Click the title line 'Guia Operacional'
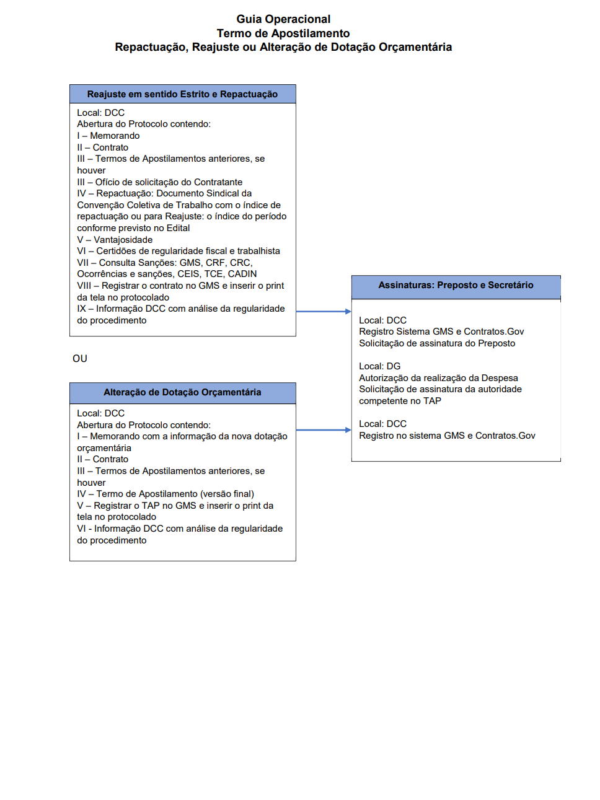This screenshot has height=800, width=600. [x=283, y=19]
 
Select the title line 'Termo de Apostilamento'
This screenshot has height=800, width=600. [x=283, y=33]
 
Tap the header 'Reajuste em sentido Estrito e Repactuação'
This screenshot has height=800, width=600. [x=182, y=94]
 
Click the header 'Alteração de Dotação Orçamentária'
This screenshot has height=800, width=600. [x=182, y=392]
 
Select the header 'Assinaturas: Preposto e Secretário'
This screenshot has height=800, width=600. [x=456, y=285]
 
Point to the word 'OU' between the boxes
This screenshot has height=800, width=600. [x=80, y=359]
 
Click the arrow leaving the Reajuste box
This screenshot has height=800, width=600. [x=324, y=312]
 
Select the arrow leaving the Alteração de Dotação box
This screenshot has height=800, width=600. [x=324, y=430]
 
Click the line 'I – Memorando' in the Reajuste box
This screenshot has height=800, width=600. [x=108, y=136]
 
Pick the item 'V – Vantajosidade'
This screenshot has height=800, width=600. [x=115, y=240]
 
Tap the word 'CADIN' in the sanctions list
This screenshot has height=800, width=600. [x=242, y=274]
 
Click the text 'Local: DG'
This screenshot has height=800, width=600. [x=380, y=366]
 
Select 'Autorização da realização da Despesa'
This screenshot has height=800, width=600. [x=438, y=378]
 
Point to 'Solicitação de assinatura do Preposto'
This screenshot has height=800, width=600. [x=437, y=343]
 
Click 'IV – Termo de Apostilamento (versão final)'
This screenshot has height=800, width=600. [x=165, y=494]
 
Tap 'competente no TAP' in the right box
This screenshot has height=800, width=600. [x=400, y=401]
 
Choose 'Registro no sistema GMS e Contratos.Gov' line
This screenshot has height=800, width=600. [x=447, y=436]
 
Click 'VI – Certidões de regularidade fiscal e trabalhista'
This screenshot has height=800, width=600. [x=179, y=251]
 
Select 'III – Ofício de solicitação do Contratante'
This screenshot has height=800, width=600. [x=160, y=182]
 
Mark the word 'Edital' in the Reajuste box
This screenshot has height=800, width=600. [x=178, y=228]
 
